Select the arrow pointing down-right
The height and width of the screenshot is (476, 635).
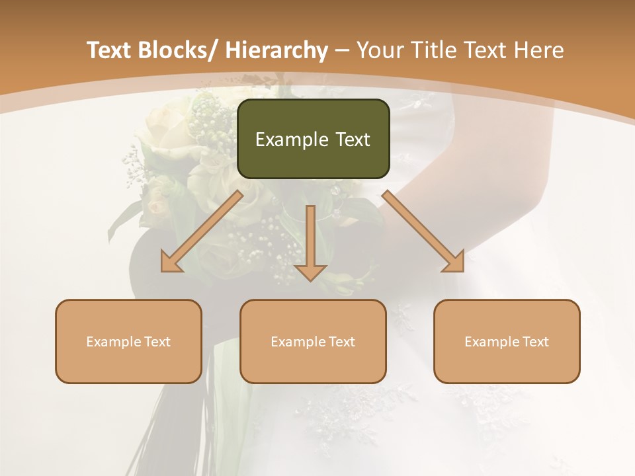[423, 231]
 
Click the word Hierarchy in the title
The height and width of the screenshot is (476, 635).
[276, 50]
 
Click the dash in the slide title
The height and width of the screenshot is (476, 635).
[342, 50]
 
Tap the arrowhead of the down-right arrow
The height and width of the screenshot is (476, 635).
[454, 262]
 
